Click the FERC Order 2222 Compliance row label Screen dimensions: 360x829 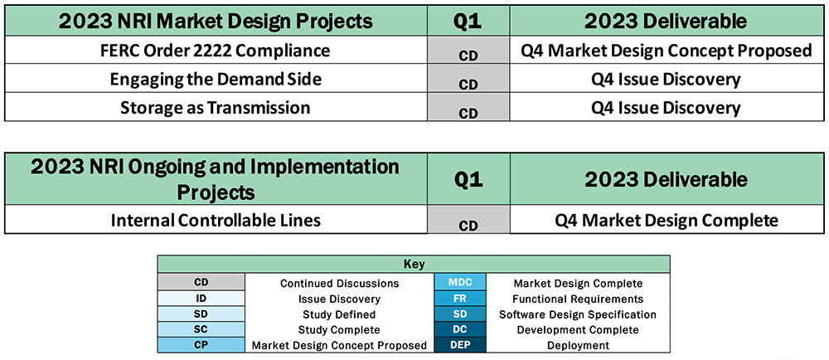(215, 51)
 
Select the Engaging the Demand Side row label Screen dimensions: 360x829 (215, 80)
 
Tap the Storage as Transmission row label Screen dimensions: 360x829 (215, 108)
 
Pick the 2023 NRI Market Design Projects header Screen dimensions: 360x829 (215, 21)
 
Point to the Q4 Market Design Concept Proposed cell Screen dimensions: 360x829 (667, 51)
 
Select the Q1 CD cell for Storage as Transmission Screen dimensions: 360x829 (468, 111)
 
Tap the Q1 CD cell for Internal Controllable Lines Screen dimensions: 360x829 (468, 224)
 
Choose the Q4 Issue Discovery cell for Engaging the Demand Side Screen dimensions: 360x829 (667, 80)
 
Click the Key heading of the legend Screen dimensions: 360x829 (414, 265)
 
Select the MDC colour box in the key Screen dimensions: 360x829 (460, 283)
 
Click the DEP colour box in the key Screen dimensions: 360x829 (460, 345)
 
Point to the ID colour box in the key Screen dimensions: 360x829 (201, 299)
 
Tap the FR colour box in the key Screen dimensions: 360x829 (460, 299)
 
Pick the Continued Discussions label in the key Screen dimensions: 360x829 (339, 283)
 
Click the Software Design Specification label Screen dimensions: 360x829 (577, 314)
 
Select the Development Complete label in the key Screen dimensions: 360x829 (577, 330)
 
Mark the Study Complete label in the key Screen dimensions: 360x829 (339, 330)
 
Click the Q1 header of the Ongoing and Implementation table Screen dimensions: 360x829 (468, 179)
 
